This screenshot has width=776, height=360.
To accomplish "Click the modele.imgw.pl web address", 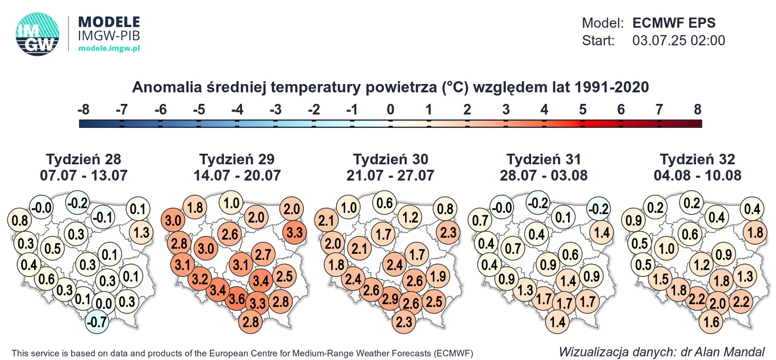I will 109,49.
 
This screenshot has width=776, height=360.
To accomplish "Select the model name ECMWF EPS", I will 674,23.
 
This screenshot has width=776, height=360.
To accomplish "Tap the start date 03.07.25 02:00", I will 678,40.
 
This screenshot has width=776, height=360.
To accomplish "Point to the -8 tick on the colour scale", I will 83,110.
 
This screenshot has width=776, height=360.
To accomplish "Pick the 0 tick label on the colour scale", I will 390,110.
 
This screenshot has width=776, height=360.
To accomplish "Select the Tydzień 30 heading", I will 390,159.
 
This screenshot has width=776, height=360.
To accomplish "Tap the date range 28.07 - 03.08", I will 544,175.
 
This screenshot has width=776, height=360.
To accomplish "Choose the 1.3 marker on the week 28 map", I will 143,232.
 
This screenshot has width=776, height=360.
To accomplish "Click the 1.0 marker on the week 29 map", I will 231,203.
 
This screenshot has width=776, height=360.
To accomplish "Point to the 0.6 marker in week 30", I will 385,203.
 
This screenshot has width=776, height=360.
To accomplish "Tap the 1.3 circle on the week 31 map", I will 525,290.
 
